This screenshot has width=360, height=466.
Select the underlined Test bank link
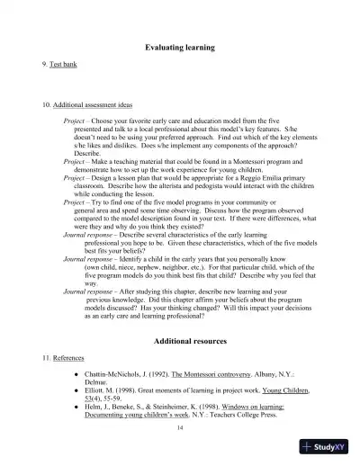pos(64,66)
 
